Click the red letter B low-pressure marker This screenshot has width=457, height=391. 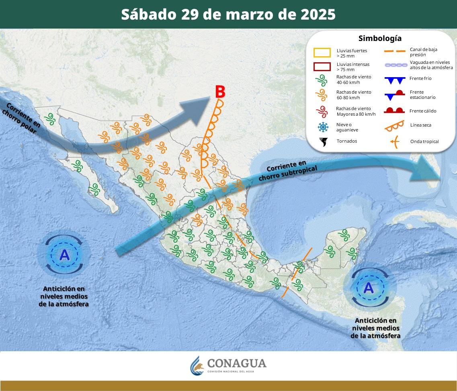click(219, 92)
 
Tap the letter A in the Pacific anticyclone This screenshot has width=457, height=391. click(64, 255)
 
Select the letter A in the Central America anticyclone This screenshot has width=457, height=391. click(369, 288)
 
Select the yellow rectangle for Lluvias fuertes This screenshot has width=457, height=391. click(322, 53)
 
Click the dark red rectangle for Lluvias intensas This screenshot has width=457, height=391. click(322, 66)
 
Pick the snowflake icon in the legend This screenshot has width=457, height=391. click(323, 127)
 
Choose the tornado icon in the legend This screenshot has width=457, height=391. click(323, 141)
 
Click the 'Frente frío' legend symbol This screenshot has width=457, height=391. click(393, 80)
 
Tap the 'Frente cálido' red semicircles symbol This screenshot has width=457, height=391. click(393, 111)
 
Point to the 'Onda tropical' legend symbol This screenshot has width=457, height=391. click(394, 141)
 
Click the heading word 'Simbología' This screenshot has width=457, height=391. click(380, 39)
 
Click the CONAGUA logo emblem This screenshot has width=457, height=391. click(197, 365)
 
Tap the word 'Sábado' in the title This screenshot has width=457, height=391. click(148, 14)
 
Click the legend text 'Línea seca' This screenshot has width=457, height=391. click(420, 125)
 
